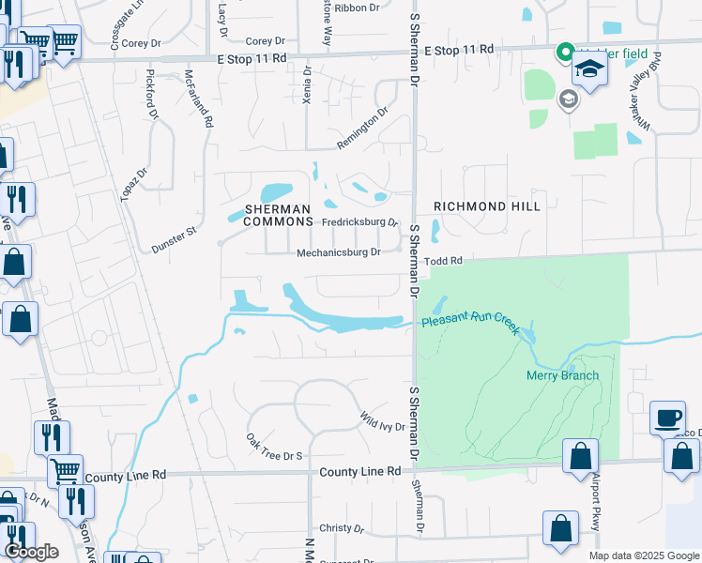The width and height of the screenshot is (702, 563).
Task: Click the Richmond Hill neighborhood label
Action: pyautogui.click(x=486, y=205)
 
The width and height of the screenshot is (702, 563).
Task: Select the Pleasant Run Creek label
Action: pyautogui.click(x=470, y=321)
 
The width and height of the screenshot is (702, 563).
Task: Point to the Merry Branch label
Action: pyautogui.click(x=561, y=376)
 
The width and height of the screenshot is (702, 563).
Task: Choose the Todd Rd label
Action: pyautogui.click(x=444, y=260)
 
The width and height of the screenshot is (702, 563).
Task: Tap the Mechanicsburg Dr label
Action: pyautogui.click(x=338, y=252)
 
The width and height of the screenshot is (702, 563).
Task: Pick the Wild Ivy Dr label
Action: pyautogui.click(x=382, y=420)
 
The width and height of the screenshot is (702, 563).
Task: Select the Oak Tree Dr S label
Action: pyautogui.click(x=274, y=447)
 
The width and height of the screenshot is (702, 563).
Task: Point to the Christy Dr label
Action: pyautogui.click(x=340, y=528)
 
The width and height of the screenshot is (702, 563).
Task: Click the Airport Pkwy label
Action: pyautogui.click(x=595, y=506)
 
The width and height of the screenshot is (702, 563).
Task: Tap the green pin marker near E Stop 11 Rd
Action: pyautogui.click(x=565, y=53)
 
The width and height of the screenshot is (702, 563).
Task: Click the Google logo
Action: pyautogui.click(x=32, y=552)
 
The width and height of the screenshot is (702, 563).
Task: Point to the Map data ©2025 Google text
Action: pyautogui.click(x=643, y=555)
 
